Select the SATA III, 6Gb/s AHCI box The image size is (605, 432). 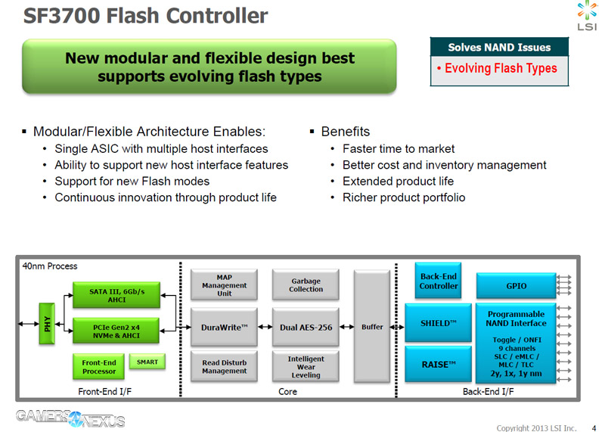(x=116, y=294)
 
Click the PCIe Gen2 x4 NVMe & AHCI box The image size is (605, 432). (x=116, y=330)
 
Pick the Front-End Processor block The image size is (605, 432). (x=99, y=366)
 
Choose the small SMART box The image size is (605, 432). (x=147, y=362)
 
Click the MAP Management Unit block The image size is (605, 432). (x=224, y=284)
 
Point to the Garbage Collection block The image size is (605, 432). (x=306, y=284)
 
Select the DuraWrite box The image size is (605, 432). (x=224, y=327)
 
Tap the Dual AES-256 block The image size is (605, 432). (x=306, y=327)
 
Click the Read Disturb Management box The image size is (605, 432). (x=224, y=367)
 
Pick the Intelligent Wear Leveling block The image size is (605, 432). (x=306, y=367)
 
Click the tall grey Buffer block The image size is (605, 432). (x=371, y=326)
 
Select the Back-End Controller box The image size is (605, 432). (x=439, y=281)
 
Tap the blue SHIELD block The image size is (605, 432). (x=439, y=323)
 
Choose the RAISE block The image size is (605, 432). (x=439, y=365)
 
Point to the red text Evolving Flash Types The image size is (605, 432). (x=501, y=68)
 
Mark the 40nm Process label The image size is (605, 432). (x=50, y=266)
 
